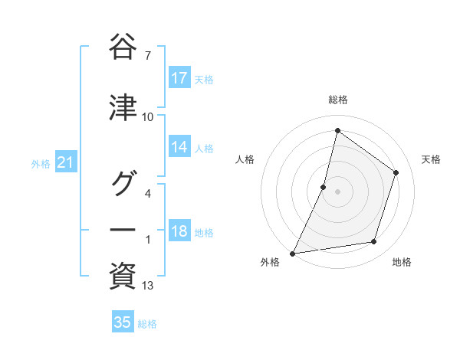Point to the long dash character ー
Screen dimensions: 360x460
[123, 229]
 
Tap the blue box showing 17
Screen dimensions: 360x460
[179, 78]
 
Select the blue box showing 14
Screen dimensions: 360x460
[179, 148]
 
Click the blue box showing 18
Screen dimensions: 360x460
[179, 232]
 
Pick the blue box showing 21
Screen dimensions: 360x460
[66, 163]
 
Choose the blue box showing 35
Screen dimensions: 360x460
[123, 322]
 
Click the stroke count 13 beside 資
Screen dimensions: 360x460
[148, 286]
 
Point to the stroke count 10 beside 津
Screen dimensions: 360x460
[148, 117]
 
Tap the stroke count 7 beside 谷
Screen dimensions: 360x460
[148, 55]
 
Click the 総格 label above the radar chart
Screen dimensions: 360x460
[337, 100]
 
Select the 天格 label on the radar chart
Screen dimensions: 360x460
[432, 159]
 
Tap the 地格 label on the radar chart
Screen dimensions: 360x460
[402, 262]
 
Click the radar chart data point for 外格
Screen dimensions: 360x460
[292, 253]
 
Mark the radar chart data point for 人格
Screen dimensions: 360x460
[324, 187]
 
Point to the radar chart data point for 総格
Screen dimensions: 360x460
[337, 130]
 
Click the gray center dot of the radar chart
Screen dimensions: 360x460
[337, 191]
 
